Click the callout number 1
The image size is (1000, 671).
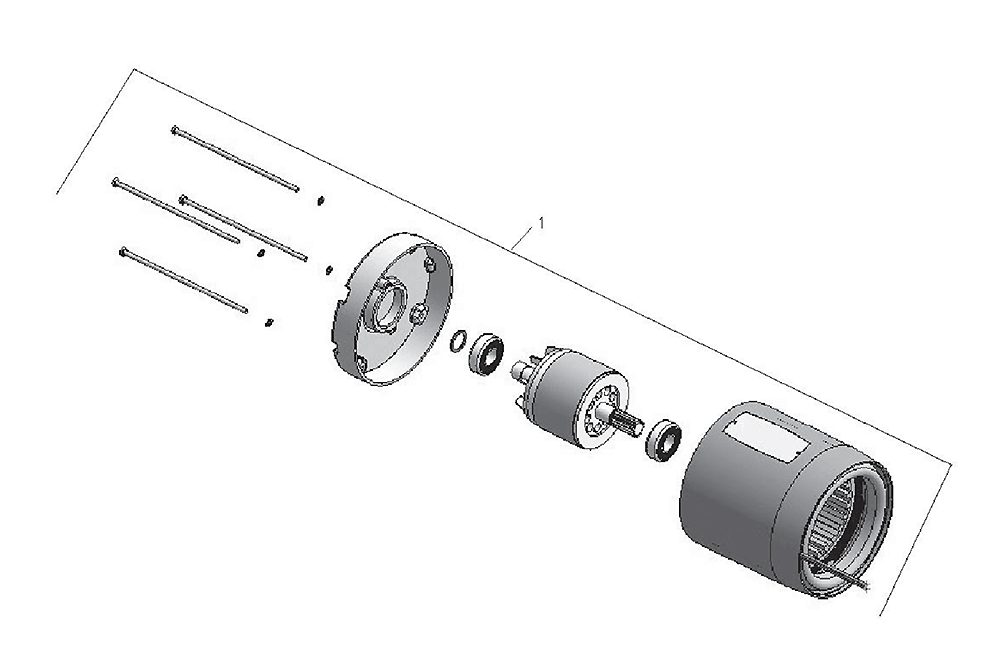(x=541, y=224)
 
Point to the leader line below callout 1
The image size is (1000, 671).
(x=522, y=239)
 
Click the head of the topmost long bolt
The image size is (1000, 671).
(x=174, y=130)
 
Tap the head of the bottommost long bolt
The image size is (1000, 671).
(x=122, y=251)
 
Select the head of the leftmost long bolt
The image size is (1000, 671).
(x=115, y=182)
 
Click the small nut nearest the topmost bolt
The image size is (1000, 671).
(x=320, y=200)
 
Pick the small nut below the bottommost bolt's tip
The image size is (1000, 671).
(x=268, y=322)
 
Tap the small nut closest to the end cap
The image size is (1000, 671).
(x=328, y=270)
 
